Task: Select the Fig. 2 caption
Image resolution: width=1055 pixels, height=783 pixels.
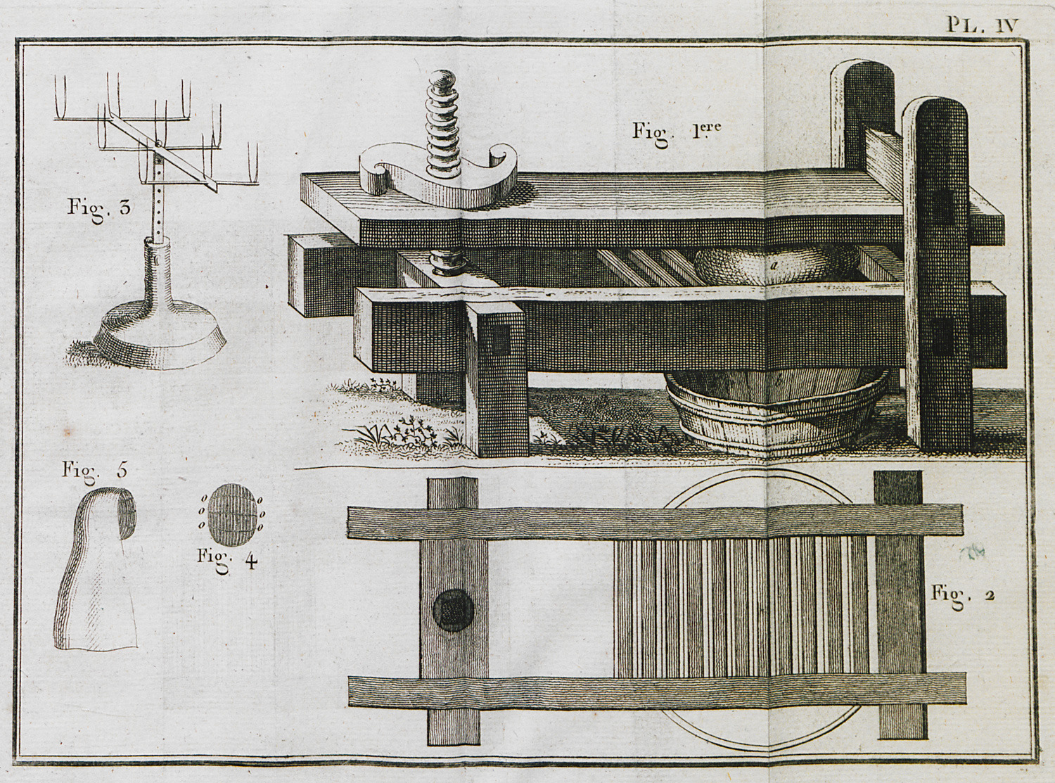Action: (962, 593)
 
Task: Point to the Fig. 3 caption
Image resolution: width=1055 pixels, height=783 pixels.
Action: (99, 208)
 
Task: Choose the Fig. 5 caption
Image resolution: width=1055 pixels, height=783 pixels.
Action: (94, 471)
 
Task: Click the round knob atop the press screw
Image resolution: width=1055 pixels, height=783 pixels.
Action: (443, 82)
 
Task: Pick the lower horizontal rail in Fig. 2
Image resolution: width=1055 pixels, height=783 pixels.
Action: (654, 690)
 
